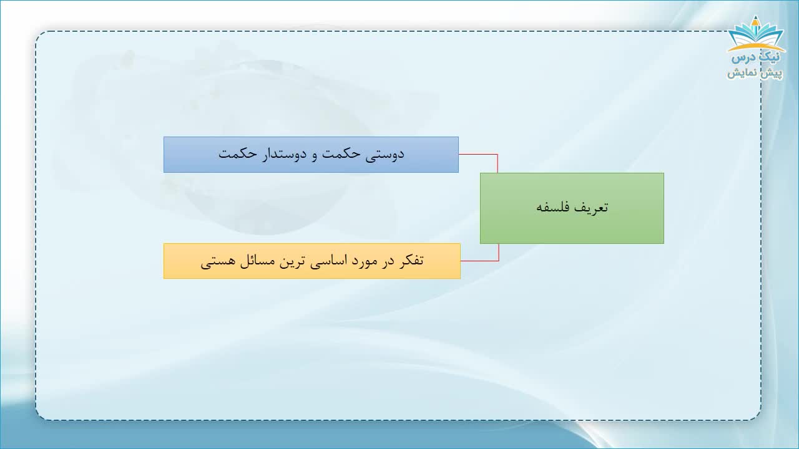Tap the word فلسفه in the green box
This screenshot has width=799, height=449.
pos(552,207)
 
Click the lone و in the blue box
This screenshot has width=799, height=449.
pos(314,156)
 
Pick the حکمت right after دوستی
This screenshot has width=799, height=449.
pos(341,154)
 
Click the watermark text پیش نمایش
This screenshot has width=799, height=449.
pos(755,73)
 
